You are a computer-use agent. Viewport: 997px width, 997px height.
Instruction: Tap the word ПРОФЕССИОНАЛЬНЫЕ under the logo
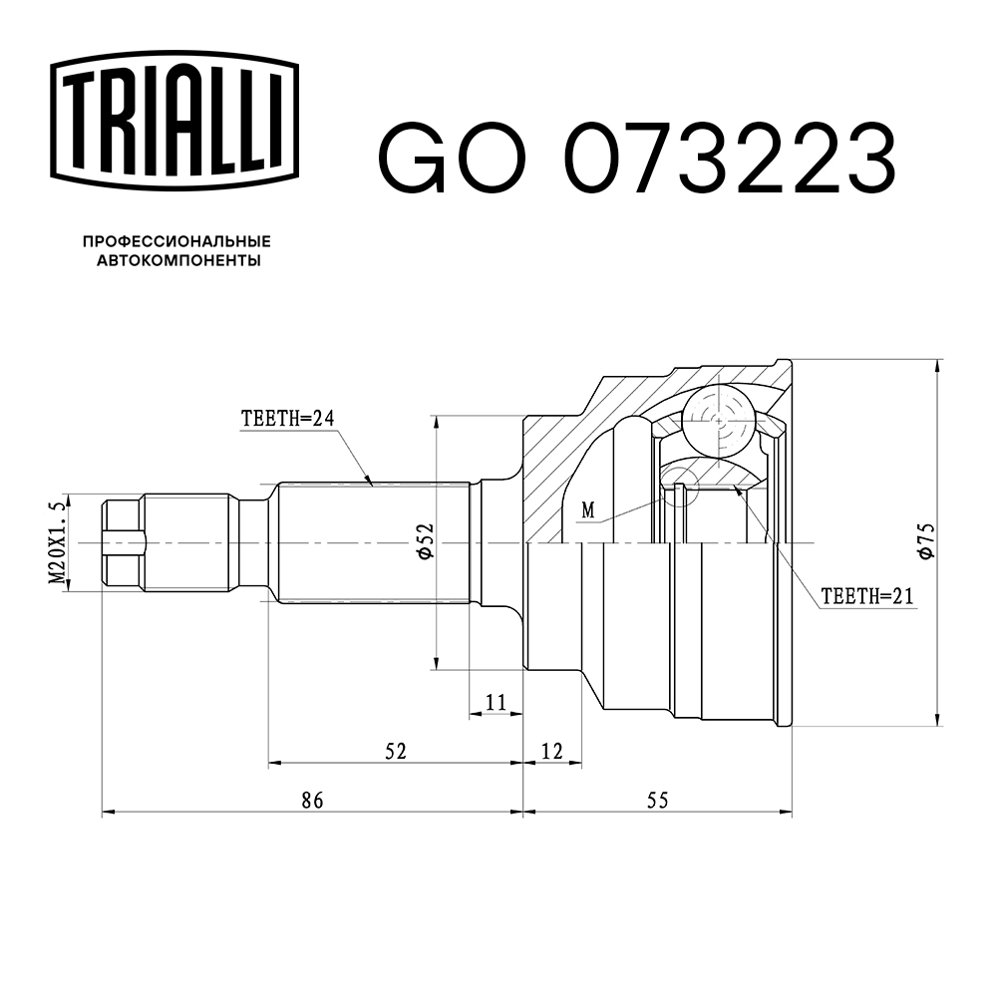[176, 241]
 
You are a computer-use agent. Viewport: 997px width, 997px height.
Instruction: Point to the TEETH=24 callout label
[286, 419]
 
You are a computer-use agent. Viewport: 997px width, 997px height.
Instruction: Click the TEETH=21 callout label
[866, 596]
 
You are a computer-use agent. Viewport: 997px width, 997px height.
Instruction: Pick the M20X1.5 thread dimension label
[57, 543]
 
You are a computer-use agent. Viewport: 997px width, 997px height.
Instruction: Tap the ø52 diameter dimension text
[424, 540]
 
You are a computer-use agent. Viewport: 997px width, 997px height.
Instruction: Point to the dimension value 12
[552, 751]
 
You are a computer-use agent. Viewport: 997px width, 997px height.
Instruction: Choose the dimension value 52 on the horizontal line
[396, 751]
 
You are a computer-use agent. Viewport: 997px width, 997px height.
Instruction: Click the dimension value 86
[313, 800]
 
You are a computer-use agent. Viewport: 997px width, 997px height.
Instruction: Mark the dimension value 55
[656, 800]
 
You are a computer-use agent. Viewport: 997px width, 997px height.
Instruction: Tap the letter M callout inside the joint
[588, 509]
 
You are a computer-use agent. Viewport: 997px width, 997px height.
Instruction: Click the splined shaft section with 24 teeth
[372, 543]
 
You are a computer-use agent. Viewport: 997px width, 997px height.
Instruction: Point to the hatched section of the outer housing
[558, 469]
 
